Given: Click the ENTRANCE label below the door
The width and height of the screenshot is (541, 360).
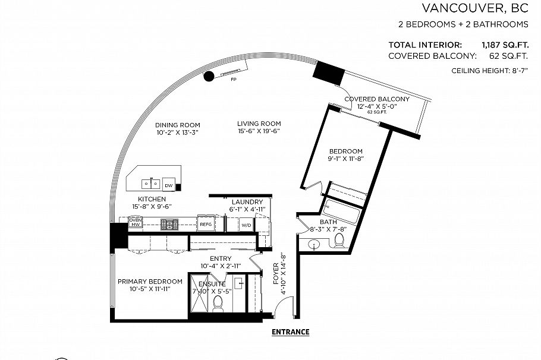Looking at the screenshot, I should [290, 332].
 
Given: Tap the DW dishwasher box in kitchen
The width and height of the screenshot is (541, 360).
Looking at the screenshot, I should [169, 185].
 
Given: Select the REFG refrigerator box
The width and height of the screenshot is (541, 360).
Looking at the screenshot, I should [206, 225].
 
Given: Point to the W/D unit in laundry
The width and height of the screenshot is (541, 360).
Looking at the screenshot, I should [246, 226].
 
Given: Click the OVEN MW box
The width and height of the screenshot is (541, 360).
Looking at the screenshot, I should [135, 223].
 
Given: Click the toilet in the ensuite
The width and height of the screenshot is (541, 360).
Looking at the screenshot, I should [218, 302].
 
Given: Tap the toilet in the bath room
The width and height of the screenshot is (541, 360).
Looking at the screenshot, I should [339, 241].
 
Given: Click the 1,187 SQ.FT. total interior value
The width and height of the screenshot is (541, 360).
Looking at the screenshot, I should [505, 45].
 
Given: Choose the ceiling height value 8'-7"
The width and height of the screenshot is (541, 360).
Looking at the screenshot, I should [517, 71].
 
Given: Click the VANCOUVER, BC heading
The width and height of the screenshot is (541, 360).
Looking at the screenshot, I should [475, 8].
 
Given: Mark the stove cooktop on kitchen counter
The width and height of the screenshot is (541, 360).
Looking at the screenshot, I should [169, 224].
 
